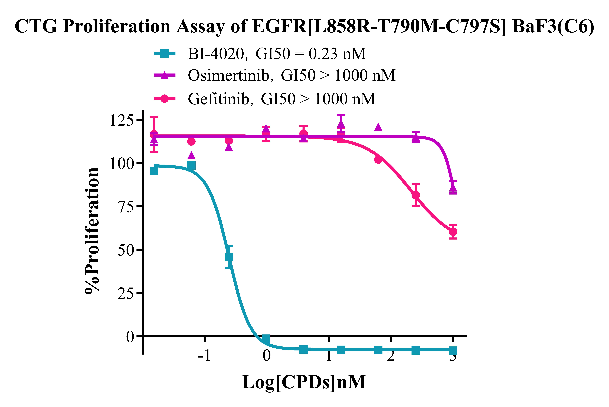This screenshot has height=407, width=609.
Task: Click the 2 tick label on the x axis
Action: click(x=391, y=355)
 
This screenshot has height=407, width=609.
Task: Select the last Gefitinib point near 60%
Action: click(x=453, y=231)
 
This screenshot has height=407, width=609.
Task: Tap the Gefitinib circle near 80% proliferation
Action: click(x=416, y=195)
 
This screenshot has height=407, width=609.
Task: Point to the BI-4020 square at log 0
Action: click(x=266, y=339)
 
